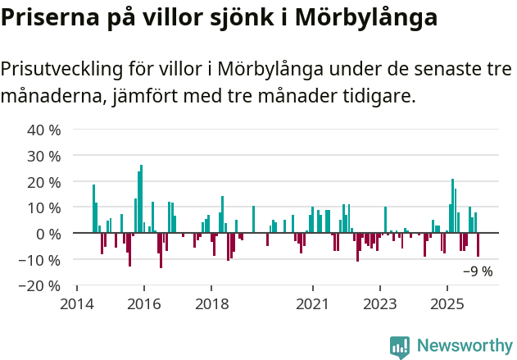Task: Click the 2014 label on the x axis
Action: click(x=77, y=302)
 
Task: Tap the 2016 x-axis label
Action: click(x=144, y=302)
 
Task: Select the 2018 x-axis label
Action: click(x=211, y=302)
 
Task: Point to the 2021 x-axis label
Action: click(x=312, y=302)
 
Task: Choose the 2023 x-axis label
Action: click(x=379, y=302)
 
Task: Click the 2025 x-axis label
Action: click(x=447, y=302)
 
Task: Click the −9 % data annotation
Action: click(x=478, y=271)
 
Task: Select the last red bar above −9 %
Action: click(x=478, y=245)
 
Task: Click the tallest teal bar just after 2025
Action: click(x=452, y=206)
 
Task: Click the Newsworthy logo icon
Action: click(x=400, y=347)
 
